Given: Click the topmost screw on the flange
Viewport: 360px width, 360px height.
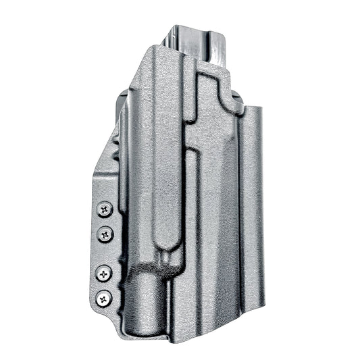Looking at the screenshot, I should [105, 210].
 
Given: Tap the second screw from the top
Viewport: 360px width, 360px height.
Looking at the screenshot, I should [105, 234].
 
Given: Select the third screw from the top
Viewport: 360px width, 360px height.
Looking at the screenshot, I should [103, 273].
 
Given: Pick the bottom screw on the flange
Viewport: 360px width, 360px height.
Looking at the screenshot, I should [103, 297].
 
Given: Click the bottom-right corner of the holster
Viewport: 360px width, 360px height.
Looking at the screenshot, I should [261, 329].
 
